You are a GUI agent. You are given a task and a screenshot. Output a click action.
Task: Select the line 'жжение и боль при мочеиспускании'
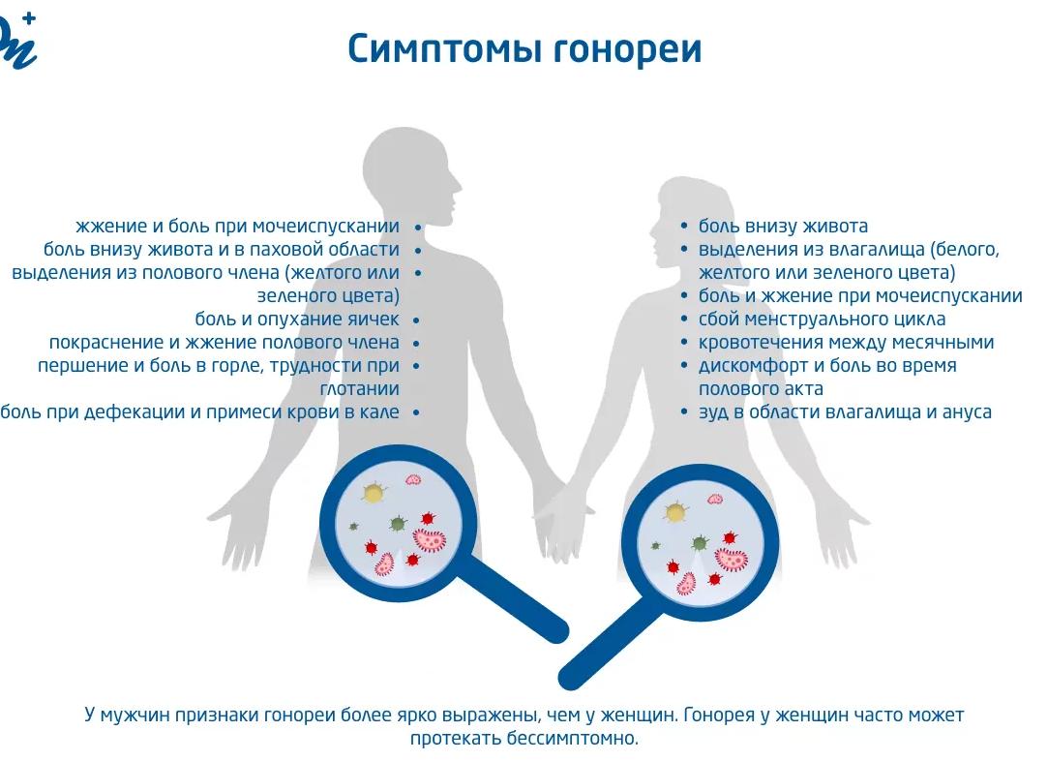point(237,227)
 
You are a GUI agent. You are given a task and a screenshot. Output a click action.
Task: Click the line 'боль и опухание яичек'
point(297,319)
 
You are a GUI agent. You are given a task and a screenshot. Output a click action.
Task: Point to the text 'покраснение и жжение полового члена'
point(224,343)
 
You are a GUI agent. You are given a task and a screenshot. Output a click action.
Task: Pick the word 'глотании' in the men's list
point(360,388)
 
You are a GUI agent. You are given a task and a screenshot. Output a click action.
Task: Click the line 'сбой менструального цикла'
point(823,319)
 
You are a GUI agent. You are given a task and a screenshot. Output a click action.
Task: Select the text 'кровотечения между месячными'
point(846,343)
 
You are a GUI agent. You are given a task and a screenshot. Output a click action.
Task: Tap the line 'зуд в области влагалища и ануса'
point(845,411)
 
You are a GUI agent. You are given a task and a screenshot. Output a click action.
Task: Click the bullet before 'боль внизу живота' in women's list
point(684,226)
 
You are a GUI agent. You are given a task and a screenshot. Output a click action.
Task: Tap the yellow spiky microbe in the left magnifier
point(373,493)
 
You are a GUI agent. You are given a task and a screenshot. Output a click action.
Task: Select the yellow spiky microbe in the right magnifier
point(676,512)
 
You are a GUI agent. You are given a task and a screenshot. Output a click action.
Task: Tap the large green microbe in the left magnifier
point(398,523)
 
